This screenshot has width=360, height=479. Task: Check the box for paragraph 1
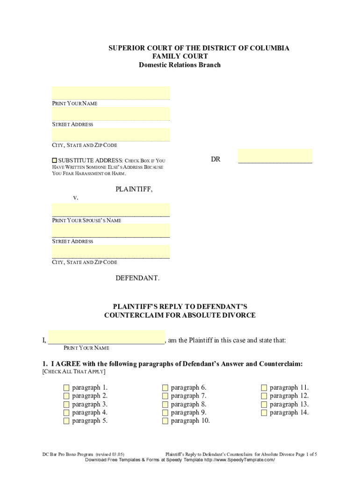click(66, 388)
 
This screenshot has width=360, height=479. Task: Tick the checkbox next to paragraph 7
click(165, 396)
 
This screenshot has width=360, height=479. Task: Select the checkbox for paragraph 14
click(264, 413)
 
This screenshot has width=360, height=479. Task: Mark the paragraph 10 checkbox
click(165, 421)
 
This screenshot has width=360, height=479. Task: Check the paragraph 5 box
click(66, 421)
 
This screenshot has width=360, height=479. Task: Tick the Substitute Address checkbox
click(54, 160)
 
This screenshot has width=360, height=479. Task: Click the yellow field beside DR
click(275, 156)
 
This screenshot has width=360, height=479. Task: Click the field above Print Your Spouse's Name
click(111, 210)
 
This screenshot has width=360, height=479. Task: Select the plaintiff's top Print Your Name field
click(111, 93)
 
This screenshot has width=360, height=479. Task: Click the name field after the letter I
click(106, 339)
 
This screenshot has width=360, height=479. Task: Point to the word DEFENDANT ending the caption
click(137, 278)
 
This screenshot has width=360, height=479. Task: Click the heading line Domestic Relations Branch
click(180, 65)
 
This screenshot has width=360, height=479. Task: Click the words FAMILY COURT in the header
click(180, 57)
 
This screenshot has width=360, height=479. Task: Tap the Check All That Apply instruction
click(74, 372)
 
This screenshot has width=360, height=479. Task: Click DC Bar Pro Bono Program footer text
click(68, 454)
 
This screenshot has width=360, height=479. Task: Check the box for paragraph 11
click(264, 388)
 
